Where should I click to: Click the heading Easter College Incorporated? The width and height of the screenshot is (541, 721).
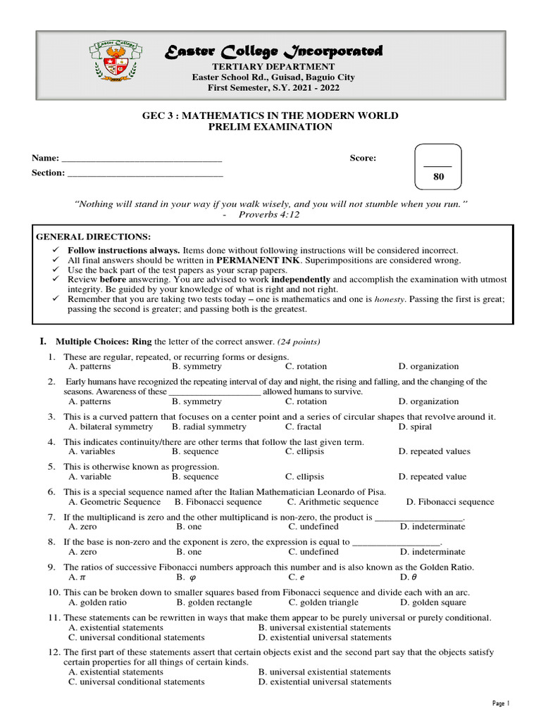pos(274,51)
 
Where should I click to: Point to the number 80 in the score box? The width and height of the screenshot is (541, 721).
pos(439,177)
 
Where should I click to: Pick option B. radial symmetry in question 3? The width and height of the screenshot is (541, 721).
pos(209,427)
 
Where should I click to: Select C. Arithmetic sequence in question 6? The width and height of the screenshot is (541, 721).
pos(332,502)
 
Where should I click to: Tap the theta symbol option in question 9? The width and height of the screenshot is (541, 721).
pos(406,577)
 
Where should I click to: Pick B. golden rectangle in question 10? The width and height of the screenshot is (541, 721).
pos(214,603)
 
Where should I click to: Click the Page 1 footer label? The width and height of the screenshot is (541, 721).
pos(500,703)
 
